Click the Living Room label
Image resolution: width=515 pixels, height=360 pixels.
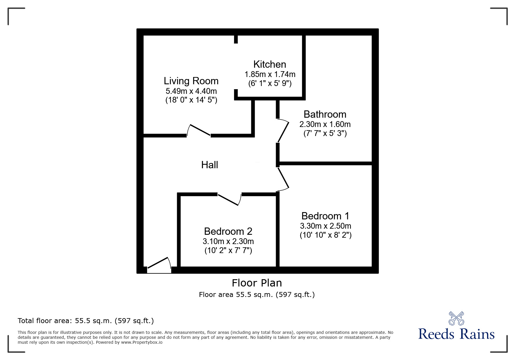click(x=191, y=81)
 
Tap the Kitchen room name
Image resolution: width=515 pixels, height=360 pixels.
click(x=270, y=64)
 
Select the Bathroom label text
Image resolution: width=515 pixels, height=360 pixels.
click(x=325, y=114)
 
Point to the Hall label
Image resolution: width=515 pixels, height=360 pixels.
click(x=209, y=165)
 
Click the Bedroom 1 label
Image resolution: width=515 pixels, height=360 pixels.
click(x=325, y=216)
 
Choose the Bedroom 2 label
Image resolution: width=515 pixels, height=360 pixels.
click(x=228, y=231)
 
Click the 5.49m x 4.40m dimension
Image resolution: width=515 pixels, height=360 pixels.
click(x=191, y=91)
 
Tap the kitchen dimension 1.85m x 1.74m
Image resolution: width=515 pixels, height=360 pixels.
click(x=270, y=74)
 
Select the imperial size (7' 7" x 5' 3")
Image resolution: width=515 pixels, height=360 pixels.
click(x=325, y=133)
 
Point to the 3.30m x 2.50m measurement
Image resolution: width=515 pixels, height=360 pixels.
click(x=325, y=226)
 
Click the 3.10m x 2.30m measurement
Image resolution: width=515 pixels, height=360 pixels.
click(x=228, y=241)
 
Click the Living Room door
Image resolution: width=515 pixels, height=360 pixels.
click(x=199, y=130)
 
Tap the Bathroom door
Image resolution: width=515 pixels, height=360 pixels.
click(x=283, y=131)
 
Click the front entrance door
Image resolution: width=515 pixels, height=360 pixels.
click(x=159, y=265)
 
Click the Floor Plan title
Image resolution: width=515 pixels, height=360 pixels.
click(x=257, y=283)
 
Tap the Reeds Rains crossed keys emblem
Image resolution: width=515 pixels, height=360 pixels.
click(x=456, y=318)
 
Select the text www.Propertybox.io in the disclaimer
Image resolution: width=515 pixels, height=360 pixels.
click(x=142, y=342)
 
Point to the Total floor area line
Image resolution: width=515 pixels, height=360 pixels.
click(x=86, y=321)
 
